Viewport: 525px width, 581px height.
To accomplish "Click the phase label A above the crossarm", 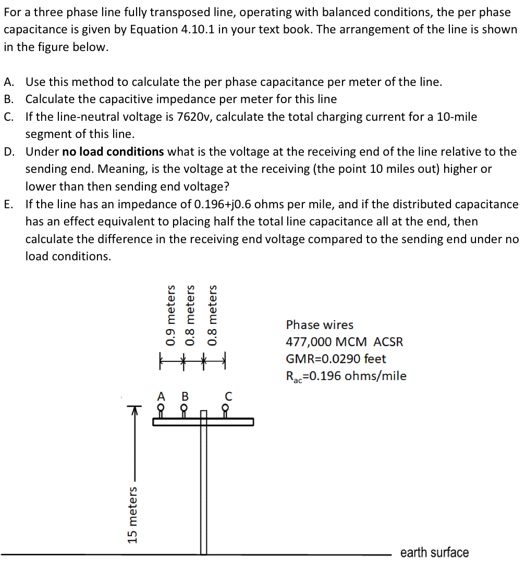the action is (161, 396).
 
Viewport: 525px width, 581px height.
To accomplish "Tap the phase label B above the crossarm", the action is (184, 396).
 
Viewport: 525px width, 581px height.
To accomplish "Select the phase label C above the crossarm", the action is (227, 397).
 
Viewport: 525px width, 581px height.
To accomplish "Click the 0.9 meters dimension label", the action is (170, 315).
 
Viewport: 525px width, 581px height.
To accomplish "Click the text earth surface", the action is (434, 552).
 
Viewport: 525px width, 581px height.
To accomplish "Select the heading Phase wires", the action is (320, 325).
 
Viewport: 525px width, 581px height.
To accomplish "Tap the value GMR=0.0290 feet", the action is (336, 359).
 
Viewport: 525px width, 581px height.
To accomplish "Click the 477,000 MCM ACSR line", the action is (344, 342).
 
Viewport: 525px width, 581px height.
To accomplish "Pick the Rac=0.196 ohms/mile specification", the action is (346, 376).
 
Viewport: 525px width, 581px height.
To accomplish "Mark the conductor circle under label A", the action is (161, 408).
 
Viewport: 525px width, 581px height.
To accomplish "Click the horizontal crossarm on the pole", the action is (203, 422).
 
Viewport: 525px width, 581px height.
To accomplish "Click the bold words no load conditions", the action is (113, 151).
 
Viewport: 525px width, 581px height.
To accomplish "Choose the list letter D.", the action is (9, 151).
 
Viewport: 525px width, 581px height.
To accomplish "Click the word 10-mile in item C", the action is (458, 117).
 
